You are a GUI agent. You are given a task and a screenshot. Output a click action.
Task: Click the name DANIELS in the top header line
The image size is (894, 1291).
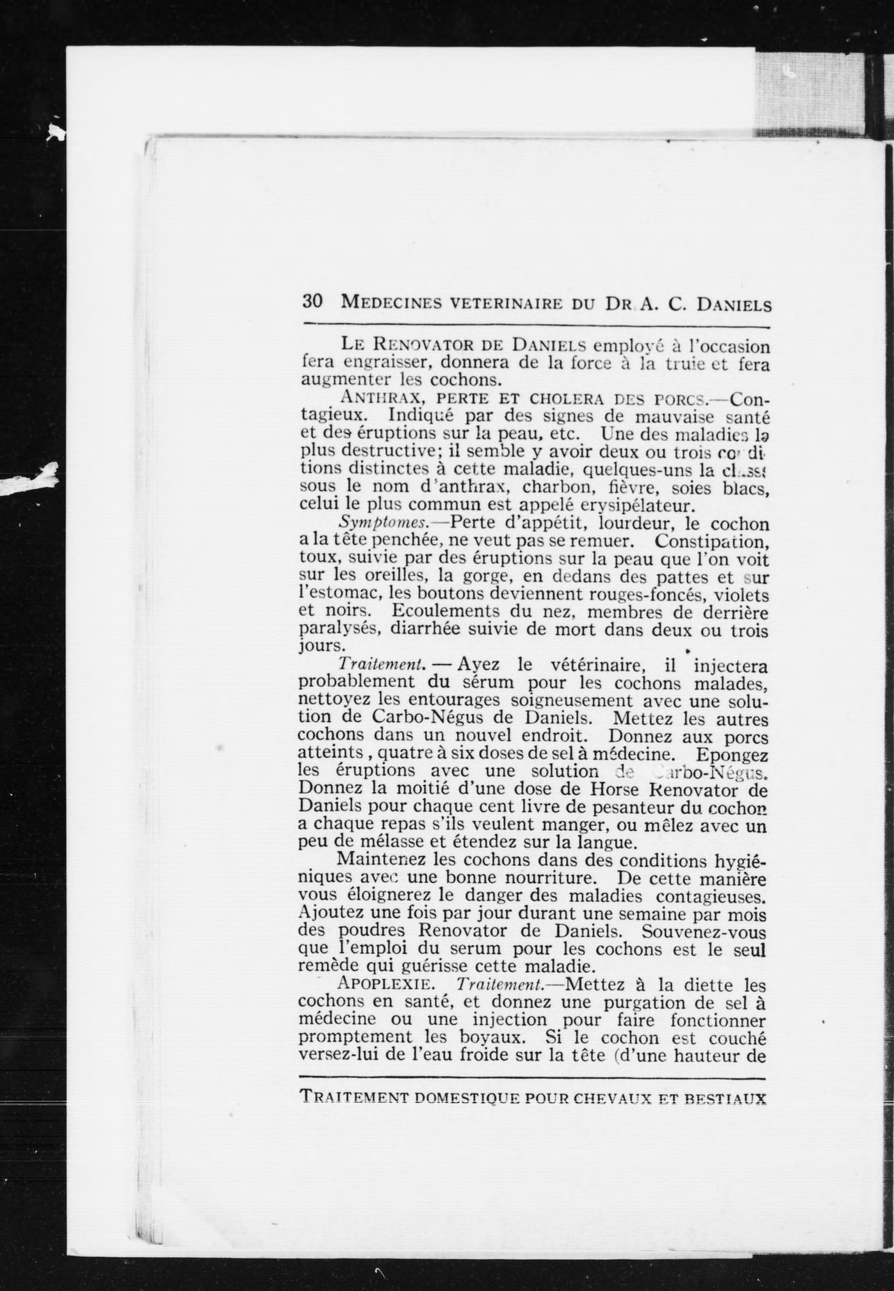(x=733, y=305)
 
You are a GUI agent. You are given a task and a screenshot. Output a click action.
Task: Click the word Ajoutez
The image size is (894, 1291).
(x=330, y=913)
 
